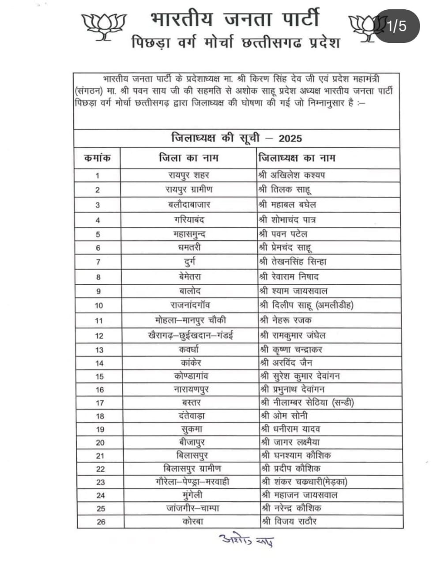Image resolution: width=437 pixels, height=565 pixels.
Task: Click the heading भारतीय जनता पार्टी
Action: (x=234, y=19)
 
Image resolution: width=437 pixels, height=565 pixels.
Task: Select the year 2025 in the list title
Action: (x=290, y=138)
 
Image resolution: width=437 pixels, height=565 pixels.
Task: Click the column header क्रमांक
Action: (x=97, y=158)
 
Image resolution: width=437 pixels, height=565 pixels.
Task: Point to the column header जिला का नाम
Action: (x=188, y=158)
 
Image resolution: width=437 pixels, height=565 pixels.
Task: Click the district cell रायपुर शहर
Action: (x=188, y=175)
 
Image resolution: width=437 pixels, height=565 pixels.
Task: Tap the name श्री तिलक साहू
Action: (x=286, y=189)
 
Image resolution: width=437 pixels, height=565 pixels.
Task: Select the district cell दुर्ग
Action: (x=189, y=262)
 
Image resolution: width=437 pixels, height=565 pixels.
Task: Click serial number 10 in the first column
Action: (x=98, y=305)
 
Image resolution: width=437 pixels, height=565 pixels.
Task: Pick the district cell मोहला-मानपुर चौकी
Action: (x=191, y=320)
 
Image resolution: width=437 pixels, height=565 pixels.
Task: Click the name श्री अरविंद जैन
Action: (x=286, y=363)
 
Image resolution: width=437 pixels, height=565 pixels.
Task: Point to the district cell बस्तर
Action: (x=191, y=403)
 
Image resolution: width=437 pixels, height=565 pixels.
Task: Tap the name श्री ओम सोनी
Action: (x=284, y=416)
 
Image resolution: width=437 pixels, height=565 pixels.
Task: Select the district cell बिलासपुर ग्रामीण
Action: (x=192, y=468)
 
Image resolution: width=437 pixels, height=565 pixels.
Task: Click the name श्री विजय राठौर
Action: (x=289, y=521)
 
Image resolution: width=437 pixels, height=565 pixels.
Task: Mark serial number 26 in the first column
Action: (x=101, y=522)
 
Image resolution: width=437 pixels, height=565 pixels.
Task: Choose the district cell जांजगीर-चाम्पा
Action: (x=193, y=508)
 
